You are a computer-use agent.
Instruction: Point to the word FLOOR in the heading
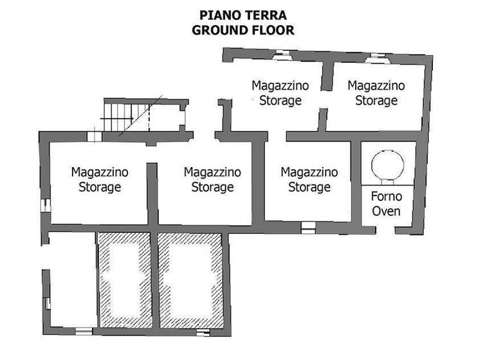coord(270,30)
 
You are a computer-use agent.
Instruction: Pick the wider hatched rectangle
coord(190,280)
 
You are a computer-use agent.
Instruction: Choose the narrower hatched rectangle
coord(124,280)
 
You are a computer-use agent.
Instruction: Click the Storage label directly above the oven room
coord(376,101)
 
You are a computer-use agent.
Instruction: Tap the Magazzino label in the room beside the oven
coord(309,172)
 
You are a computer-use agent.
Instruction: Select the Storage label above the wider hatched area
coord(212,188)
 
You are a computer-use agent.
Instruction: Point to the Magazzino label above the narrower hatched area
coord(100,172)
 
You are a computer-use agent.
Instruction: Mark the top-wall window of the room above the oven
coord(374,57)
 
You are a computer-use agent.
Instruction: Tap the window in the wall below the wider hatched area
coord(203,332)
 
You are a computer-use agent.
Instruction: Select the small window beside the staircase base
coord(95,136)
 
